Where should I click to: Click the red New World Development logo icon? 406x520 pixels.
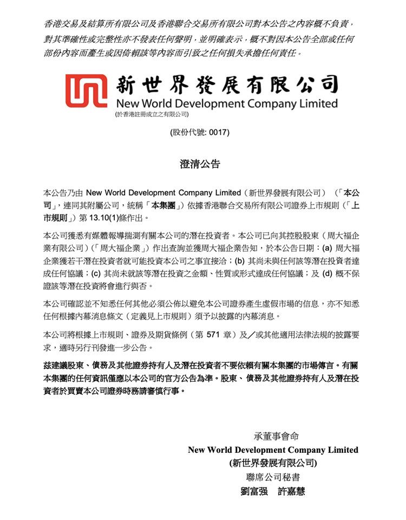click(x=86, y=89)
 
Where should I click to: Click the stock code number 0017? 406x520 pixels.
click(x=219, y=132)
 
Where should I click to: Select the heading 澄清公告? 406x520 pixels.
click(x=200, y=164)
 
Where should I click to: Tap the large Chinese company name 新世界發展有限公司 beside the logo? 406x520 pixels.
click(x=227, y=84)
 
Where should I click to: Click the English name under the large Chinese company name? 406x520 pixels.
click(x=227, y=103)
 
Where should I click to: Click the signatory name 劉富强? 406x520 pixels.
click(x=255, y=492)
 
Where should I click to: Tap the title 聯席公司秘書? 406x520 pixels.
click(x=273, y=478)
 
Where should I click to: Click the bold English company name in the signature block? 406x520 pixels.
click(x=273, y=450)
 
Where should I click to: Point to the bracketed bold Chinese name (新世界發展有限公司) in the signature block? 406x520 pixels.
click(x=273, y=464)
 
